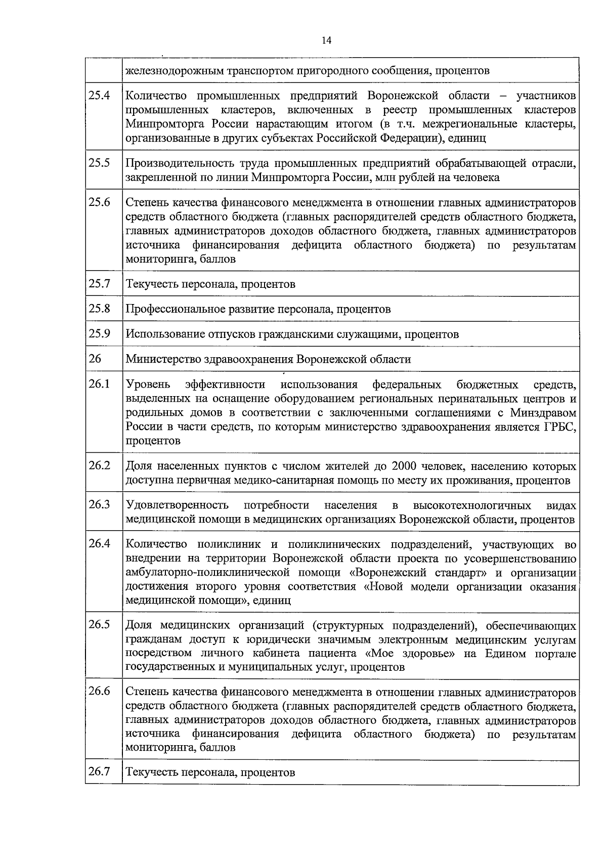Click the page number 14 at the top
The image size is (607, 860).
327,40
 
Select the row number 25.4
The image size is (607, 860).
99,95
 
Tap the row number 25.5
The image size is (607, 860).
99,162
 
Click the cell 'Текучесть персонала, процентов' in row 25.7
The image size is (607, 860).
210,284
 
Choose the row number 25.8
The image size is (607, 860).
99,308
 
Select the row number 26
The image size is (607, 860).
95,359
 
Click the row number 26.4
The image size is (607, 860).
99,544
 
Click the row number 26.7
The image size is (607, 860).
99,772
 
